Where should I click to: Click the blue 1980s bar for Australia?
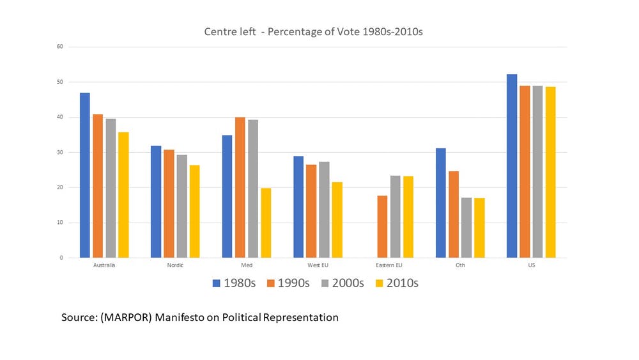click(x=85, y=175)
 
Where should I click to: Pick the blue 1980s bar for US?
click(x=512, y=166)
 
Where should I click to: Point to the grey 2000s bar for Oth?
click(x=466, y=228)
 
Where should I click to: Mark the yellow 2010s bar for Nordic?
click(x=195, y=211)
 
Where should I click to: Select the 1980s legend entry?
click(x=234, y=283)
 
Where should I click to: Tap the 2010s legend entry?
click(x=397, y=283)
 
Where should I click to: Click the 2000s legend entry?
click(x=343, y=283)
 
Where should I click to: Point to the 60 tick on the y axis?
click(x=60, y=47)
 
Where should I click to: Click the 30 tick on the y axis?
click(x=60, y=152)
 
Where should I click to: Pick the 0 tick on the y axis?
click(x=61, y=258)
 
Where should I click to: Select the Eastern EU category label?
click(x=389, y=265)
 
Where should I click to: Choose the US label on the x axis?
click(x=532, y=265)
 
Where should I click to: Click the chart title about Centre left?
click(x=313, y=31)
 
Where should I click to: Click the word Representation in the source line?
click(x=300, y=317)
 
